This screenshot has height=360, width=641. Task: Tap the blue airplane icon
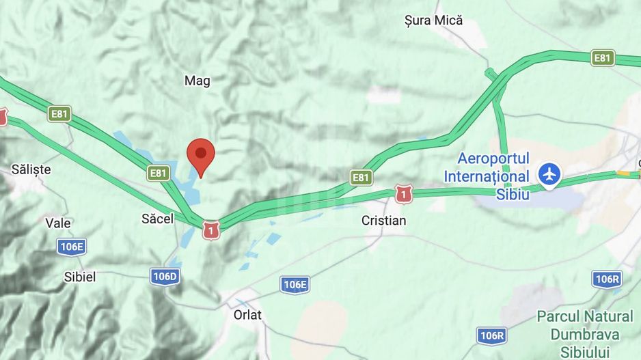[x=549, y=174]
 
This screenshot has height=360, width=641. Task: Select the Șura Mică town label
[x=433, y=20]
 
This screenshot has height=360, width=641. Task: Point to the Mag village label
[x=197, y=81]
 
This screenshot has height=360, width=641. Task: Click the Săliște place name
[x=31, y=169]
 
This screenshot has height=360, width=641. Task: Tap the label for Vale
[x=58, y=223]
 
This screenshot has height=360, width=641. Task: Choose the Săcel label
[x=157, y=219]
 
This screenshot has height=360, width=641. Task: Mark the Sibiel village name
[x=79, y=277]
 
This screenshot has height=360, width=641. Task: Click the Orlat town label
[x=247, y=315]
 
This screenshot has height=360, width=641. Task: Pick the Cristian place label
[x=383, y=221]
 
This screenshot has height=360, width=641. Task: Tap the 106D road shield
[x=165, y=277]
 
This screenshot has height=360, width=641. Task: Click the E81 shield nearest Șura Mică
[x=602, y=58]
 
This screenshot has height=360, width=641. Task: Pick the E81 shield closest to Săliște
[x=59, y=113]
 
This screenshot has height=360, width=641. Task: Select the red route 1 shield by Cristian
[x=404, y=195]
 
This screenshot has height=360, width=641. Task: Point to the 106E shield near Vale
[x=71, y=247]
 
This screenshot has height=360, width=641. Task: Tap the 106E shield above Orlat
[x=295, y=285]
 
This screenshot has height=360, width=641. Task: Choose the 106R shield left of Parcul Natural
[x=491, y=335]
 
